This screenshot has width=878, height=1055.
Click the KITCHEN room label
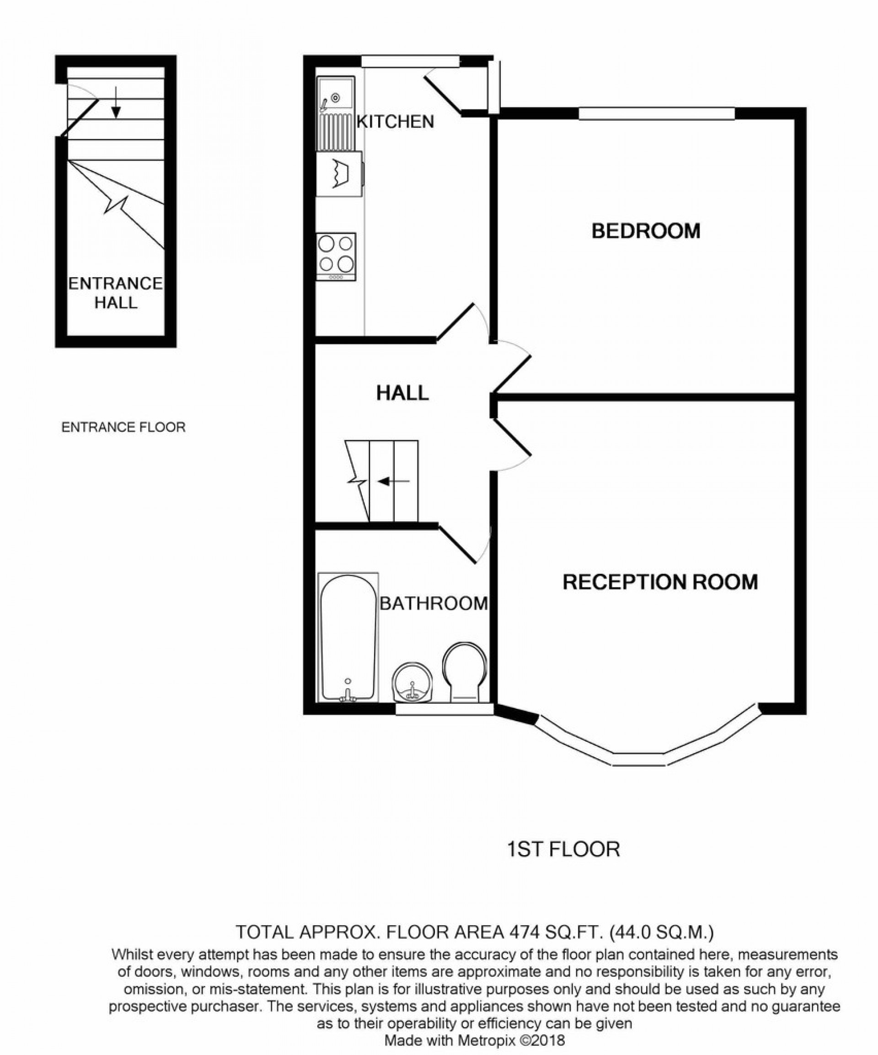[x=395, y=122]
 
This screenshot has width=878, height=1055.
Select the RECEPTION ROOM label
[x=659, y=582]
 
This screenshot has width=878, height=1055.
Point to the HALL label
[x=402, y=393]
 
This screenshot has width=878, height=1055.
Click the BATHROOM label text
[x=434, y=603]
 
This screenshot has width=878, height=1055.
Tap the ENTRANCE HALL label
[x=116, y=293]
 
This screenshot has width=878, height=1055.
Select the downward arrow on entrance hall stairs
[x=116, y=102]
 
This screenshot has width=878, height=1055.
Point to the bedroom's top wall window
[x=656, y=114]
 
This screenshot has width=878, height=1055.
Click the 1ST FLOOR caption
[x=563, y=849]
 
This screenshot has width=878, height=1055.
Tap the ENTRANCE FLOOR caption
[x=123, y=428]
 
